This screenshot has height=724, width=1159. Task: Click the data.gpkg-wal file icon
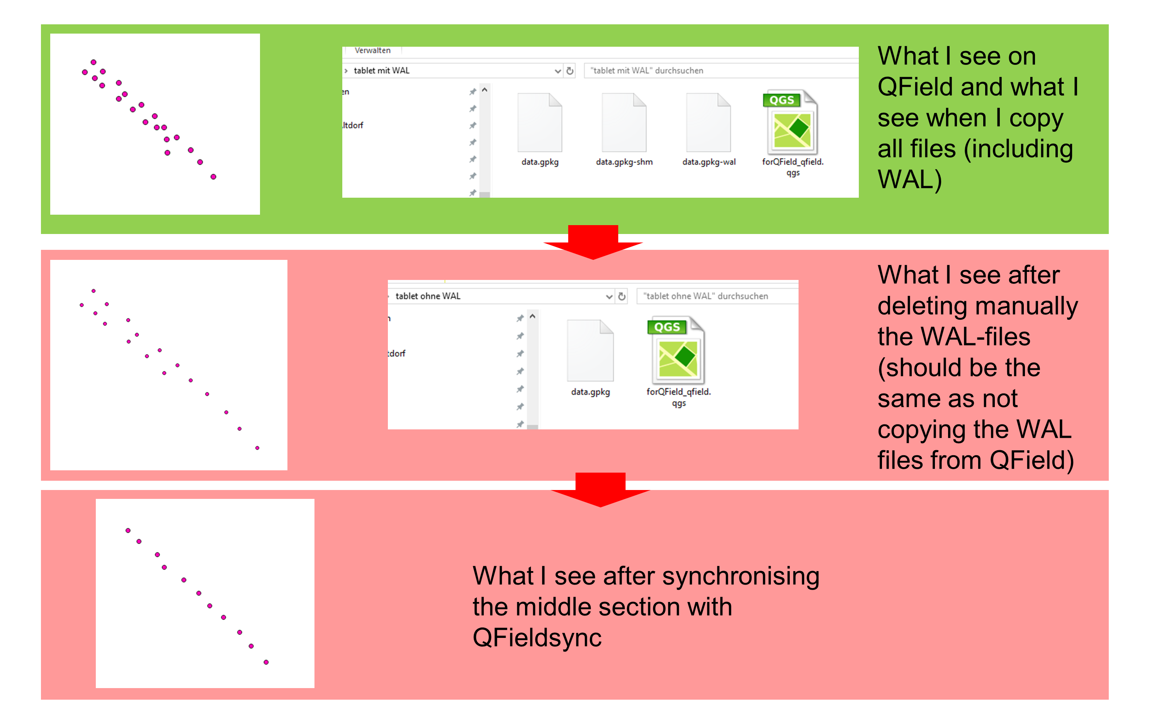point(708,123)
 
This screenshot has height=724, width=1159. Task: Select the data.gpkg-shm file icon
point(624,123)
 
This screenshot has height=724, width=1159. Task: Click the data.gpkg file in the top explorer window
point(540,123)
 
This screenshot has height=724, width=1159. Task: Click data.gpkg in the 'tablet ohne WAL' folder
point(590,351)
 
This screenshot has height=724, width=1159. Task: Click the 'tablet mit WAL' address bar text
point(382,70)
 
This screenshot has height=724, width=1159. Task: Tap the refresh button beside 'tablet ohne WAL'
point(622,297)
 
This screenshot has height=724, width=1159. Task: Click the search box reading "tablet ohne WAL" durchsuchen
point(705,297)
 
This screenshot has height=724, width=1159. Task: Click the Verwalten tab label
point(372,50)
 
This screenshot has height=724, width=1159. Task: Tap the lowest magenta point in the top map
point(214,177)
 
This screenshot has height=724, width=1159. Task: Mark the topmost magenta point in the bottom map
point(128,531)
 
